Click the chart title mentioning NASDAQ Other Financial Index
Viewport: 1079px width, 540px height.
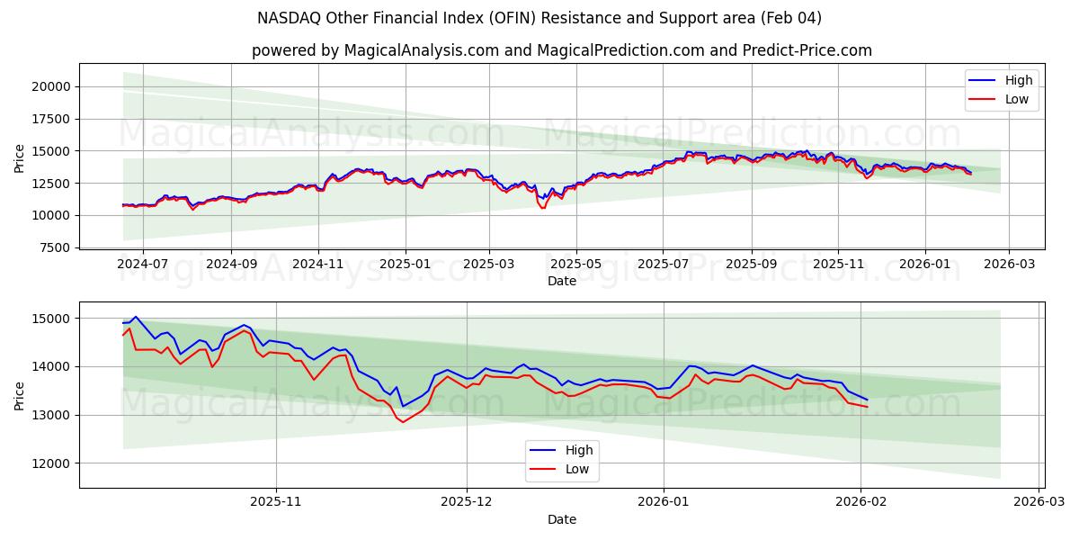tap(539, 18)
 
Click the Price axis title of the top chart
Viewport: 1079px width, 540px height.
tap(20, 157)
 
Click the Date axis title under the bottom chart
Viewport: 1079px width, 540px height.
tap(561, 519)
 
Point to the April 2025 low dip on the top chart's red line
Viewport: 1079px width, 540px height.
tap(542, 208)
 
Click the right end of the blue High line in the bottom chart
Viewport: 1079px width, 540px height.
tap(867, 400)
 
